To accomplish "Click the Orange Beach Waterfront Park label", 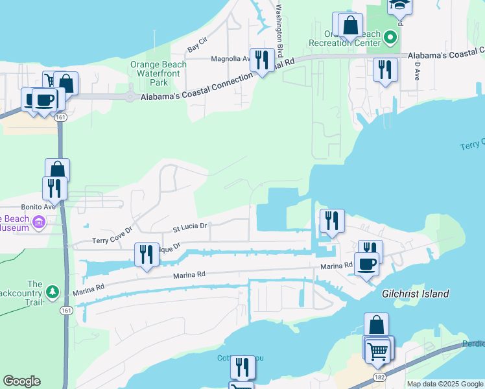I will tap(158, 73).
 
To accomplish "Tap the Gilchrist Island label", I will tap(416, 294).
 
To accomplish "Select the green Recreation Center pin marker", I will tap(390, 37).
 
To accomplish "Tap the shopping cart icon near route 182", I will tap(378, 351).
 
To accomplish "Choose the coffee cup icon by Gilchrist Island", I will tap(367, 265).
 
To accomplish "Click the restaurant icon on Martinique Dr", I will tap(147, 253).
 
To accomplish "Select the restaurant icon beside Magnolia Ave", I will tap(262, 60).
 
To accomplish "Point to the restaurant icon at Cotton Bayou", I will tap(242, 367).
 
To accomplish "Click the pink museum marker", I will tap(38, 223).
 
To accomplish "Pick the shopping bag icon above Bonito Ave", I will tap(57, 171).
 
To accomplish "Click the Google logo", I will tap(22, 381).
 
